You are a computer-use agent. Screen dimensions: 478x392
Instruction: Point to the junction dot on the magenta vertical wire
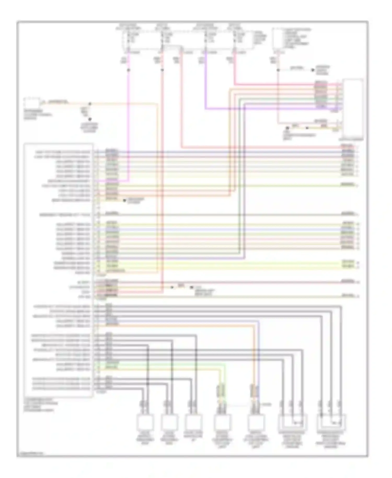(x=128, y=70)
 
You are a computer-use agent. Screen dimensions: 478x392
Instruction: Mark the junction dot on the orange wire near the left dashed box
(x=90, y=104)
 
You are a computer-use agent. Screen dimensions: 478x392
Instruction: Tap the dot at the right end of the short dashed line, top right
(x=312, y=70)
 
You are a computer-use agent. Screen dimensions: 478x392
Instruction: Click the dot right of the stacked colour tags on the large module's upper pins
(x=124, y=201)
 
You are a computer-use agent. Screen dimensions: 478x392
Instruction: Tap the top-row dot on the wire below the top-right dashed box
(x=278, y=70)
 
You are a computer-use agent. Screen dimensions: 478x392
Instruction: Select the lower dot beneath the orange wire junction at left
(x=90, y=119)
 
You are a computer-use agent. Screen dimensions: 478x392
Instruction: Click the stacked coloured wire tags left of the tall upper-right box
(x=321, y=95)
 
